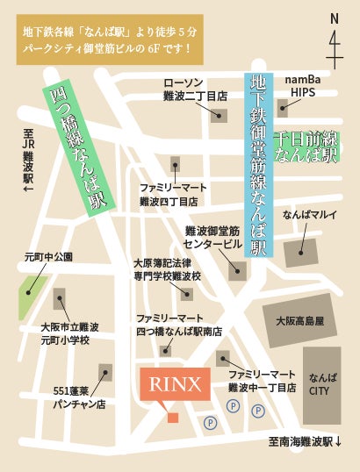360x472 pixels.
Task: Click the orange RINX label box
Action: coord(175,383)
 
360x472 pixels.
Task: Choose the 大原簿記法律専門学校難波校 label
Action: coord(167,268)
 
